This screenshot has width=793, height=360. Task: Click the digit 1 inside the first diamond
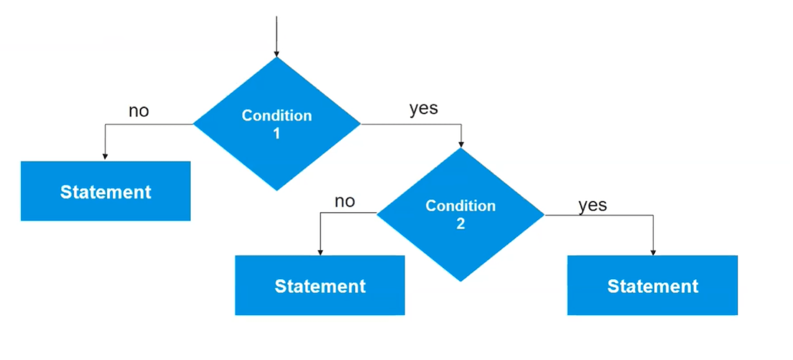(277, 132)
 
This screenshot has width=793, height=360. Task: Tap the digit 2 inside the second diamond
(460, 223)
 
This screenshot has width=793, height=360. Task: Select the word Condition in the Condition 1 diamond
(277, 116)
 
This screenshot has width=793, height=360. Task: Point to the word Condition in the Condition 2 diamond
(460, 206)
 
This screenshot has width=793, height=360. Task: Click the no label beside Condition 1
(139, 111)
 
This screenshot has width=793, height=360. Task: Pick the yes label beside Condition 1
(424, 109)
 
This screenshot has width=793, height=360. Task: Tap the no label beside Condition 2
(345, 201)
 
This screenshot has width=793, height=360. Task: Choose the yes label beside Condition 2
(593, 205)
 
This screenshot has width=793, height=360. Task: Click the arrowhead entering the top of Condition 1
(276, 53)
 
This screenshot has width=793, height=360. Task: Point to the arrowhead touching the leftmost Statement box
(104, 157)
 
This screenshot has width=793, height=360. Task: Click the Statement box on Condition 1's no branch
(106, 192)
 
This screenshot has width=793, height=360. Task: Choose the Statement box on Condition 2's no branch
(320, 285)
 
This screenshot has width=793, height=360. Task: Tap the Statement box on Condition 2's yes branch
(652, 285)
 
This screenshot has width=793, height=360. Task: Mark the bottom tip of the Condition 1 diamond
(277, 190)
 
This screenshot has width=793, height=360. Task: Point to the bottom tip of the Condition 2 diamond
(460, 280)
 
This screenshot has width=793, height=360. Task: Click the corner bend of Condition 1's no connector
(104, 124)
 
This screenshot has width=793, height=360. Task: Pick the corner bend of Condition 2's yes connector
(653, 215)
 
